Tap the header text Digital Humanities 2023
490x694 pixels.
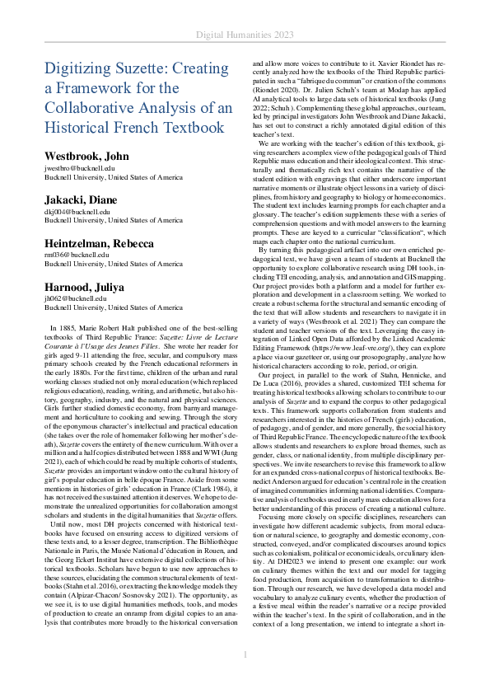point(245,35)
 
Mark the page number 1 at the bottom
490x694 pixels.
point(245,678)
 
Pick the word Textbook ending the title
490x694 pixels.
point(183,128)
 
